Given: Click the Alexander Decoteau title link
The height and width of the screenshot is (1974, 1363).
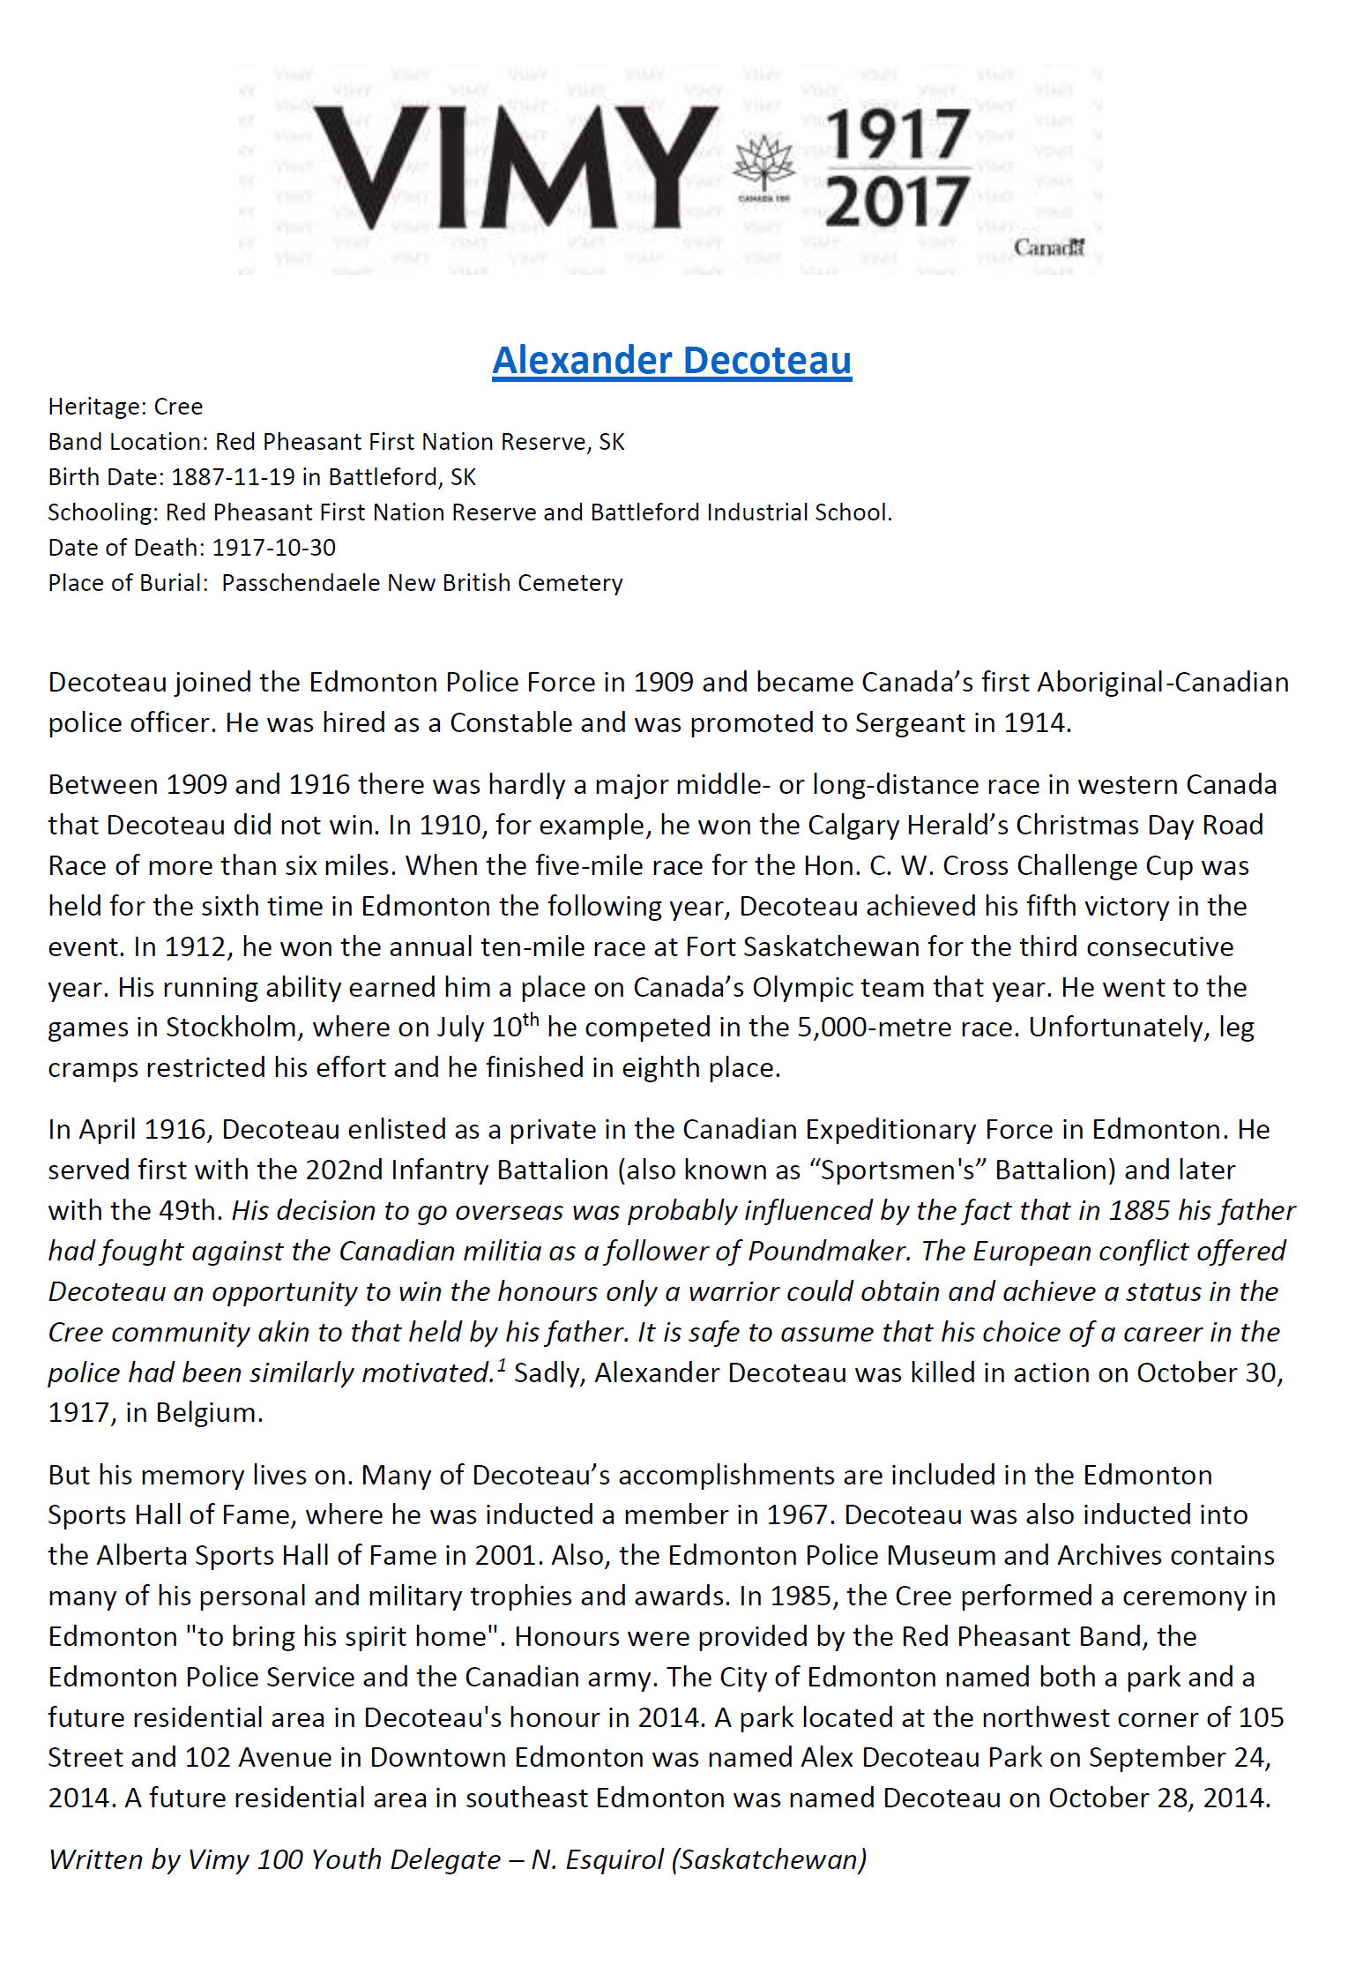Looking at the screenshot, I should coord(672,361).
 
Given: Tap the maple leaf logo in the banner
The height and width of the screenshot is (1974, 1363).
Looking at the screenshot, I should coord(764,165).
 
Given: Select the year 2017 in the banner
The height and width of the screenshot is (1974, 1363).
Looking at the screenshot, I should coord(897,202).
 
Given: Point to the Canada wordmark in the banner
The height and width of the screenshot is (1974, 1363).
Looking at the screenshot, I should coord(1048,248).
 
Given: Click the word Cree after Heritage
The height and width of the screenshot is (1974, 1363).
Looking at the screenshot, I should coord(178,407).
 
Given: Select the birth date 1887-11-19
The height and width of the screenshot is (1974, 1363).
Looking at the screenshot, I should coord(233,477).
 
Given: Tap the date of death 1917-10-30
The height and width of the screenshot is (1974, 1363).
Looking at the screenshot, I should coord(274,548).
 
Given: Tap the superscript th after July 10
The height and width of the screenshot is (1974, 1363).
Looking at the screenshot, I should coord(531,1020).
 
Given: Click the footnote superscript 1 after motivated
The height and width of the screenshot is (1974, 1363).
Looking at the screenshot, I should coord(502,1365).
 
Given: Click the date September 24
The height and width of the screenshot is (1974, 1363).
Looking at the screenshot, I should coord(1178,1758).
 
